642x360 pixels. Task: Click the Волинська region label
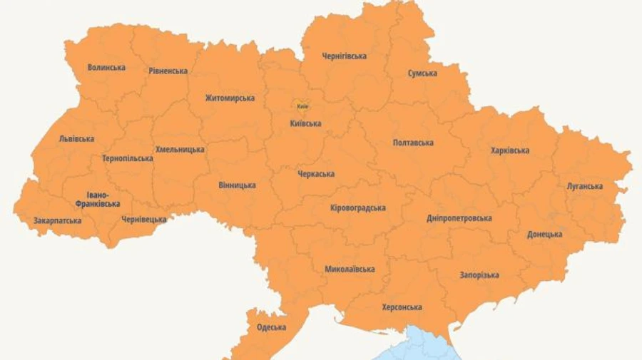click(x=106, y=68)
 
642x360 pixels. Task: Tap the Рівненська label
click(x=168, y=71)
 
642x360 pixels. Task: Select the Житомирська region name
click(x=230, y=98)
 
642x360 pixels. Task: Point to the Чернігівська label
click(x=344, y=56)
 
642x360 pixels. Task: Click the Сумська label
click(x=422, y=73)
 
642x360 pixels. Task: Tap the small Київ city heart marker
click(x=302, y=106)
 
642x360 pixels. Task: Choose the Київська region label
click(x=305, y=124)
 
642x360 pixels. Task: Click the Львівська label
click(x=76, y=139)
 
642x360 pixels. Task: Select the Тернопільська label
click(x=127, y=158)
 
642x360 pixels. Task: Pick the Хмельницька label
click(x=180, y=150)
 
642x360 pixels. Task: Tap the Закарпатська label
click(x=57, y=221)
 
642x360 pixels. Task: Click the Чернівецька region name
click(x=143, y=220)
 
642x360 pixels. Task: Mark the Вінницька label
click(x=237, y=185)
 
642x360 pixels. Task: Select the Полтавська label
click(x=413, y=143)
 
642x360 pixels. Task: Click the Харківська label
click(x=509, y=150)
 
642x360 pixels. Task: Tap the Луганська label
click(x=584, y=187)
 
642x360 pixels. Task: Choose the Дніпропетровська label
click(x=459, y=218)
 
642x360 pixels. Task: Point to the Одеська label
click(x=271, y=328)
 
